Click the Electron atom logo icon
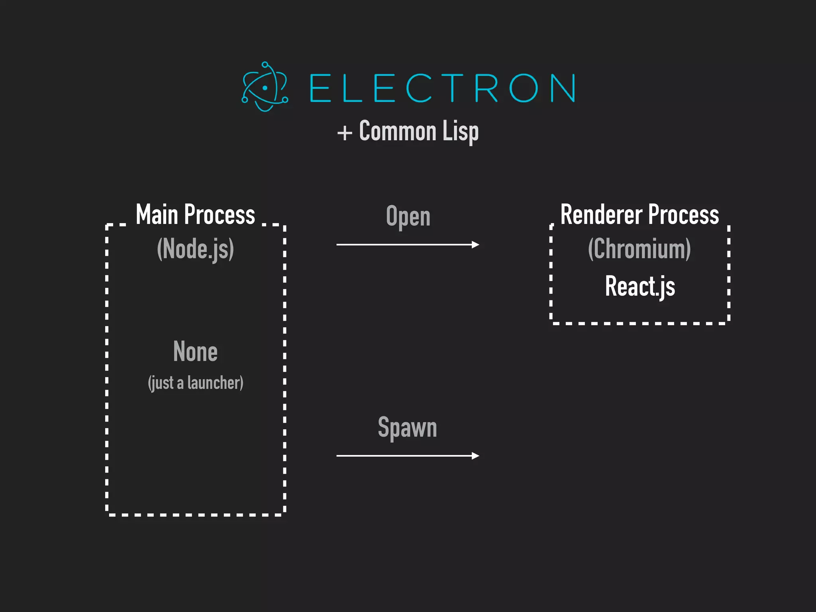tap(265, 87)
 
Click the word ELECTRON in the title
tap(442, 88)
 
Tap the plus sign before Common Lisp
tap(345, 133)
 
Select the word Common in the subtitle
tap(398, 131)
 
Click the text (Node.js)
tap(195, 249)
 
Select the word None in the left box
tap(195, 351)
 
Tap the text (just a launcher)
tap(195, 383)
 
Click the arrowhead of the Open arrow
tap(475, 245)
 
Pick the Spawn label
tap(407, 428)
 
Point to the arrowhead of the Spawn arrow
tap(475, 456)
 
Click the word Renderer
tap(601, 215)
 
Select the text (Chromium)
tap(639, 249)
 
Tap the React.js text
tap(640, 286)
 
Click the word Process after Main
tap(220, 215)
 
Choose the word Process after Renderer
tap(683, 215)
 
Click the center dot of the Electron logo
tap(265, 88)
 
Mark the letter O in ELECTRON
tap(524, 88)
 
